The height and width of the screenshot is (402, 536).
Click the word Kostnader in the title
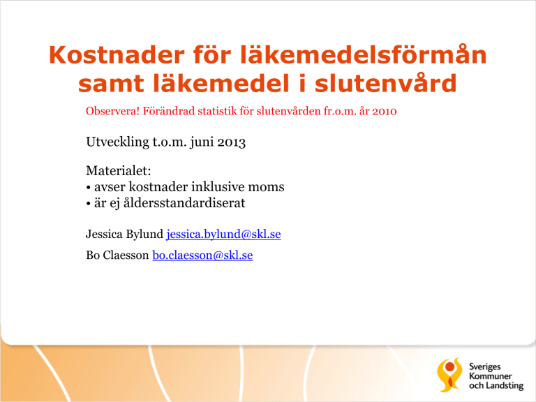[x=117, y=54]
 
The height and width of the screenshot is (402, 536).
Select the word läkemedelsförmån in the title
[x=363, y=54]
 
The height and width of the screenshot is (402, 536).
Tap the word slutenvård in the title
[x=385, y=84]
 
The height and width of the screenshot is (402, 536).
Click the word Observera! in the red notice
[x=112, y=111]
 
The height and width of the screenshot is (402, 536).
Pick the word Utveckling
[x=117, y=142]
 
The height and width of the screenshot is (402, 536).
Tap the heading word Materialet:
[x=118, y=170]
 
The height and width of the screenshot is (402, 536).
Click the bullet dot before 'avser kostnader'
[x=88, y=188]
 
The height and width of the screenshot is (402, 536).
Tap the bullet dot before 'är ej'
[x=88, y=204]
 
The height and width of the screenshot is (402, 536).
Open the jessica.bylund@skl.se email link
[x=223, y=234]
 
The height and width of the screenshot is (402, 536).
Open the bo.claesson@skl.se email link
[x=202, y=255]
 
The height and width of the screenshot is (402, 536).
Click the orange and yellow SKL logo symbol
[x=449, y=375]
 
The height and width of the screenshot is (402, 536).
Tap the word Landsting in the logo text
[x=505, y=386]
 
